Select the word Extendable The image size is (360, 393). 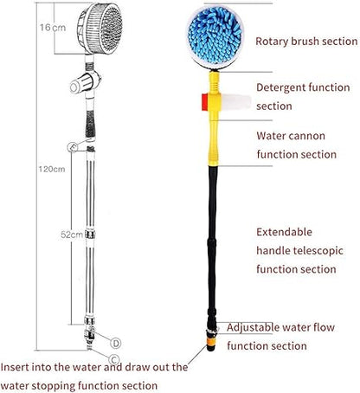291,232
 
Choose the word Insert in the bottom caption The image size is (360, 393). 18,366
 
